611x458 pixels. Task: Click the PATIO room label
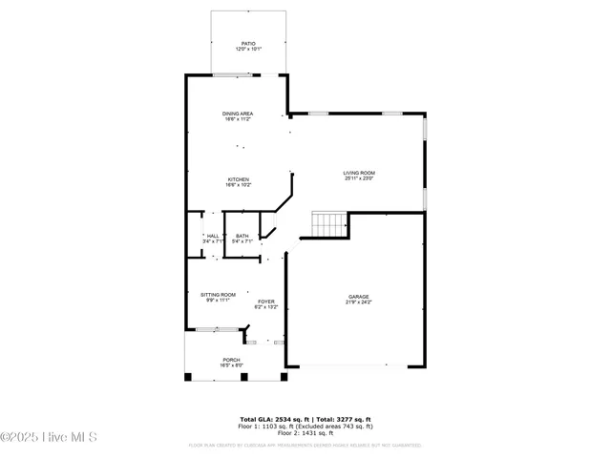(248, 42)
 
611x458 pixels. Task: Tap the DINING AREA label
(238, 114)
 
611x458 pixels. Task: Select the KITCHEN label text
(238, 179)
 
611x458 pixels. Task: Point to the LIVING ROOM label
(358, 173)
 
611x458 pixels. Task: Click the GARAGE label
(358, 297)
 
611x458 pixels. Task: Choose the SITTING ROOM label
(218, 295)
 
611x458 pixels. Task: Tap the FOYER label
(265, 302)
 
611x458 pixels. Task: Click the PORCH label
(232, 360)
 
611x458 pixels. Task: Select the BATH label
(242, 236)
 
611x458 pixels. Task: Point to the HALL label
(213, 236)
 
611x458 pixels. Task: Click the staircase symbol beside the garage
(327, 224)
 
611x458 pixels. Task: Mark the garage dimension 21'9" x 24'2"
(358, 302)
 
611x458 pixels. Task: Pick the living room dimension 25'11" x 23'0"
(358, 178)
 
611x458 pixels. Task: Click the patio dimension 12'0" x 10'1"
(248, 48)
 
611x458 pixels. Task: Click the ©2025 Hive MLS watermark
(50, 438)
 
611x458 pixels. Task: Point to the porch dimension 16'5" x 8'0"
(232, 365)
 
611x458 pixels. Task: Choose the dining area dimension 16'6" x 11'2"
(238, 119)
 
